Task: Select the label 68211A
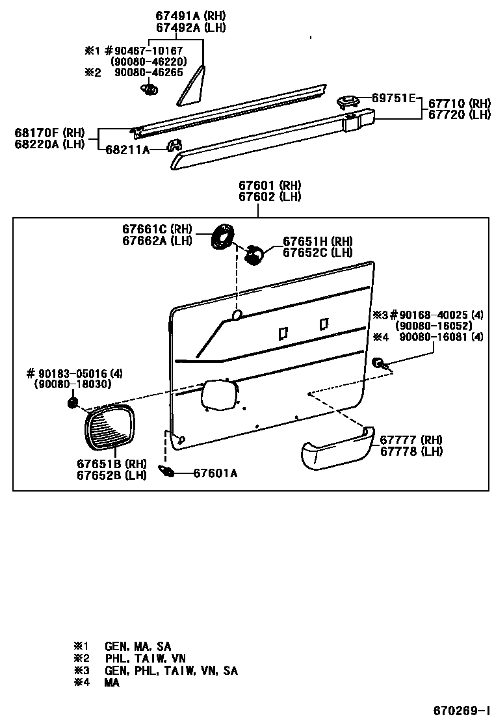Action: click(x=128, y=150)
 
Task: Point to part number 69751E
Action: click(x=393, y=98)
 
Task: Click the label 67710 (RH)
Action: click(x=459, y=103)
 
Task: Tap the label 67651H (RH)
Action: click(x=317, y=241)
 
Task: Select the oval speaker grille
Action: click(x=109, y=427)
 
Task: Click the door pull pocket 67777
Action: click(x=336, y=448)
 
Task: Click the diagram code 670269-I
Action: click(x=462, y=708)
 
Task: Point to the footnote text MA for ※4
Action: click(x=111, y=683)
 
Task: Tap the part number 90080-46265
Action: click(x=148, y=73)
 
